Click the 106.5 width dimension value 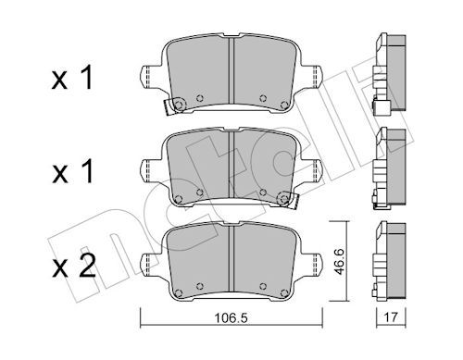(231, 317)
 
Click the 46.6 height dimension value (340, 261)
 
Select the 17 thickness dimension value (391, 317)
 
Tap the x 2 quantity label (74, 267)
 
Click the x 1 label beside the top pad (72, 79)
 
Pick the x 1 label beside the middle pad (73, 172)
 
